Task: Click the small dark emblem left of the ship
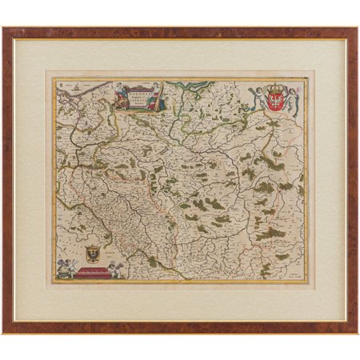[x=61, y=82]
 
